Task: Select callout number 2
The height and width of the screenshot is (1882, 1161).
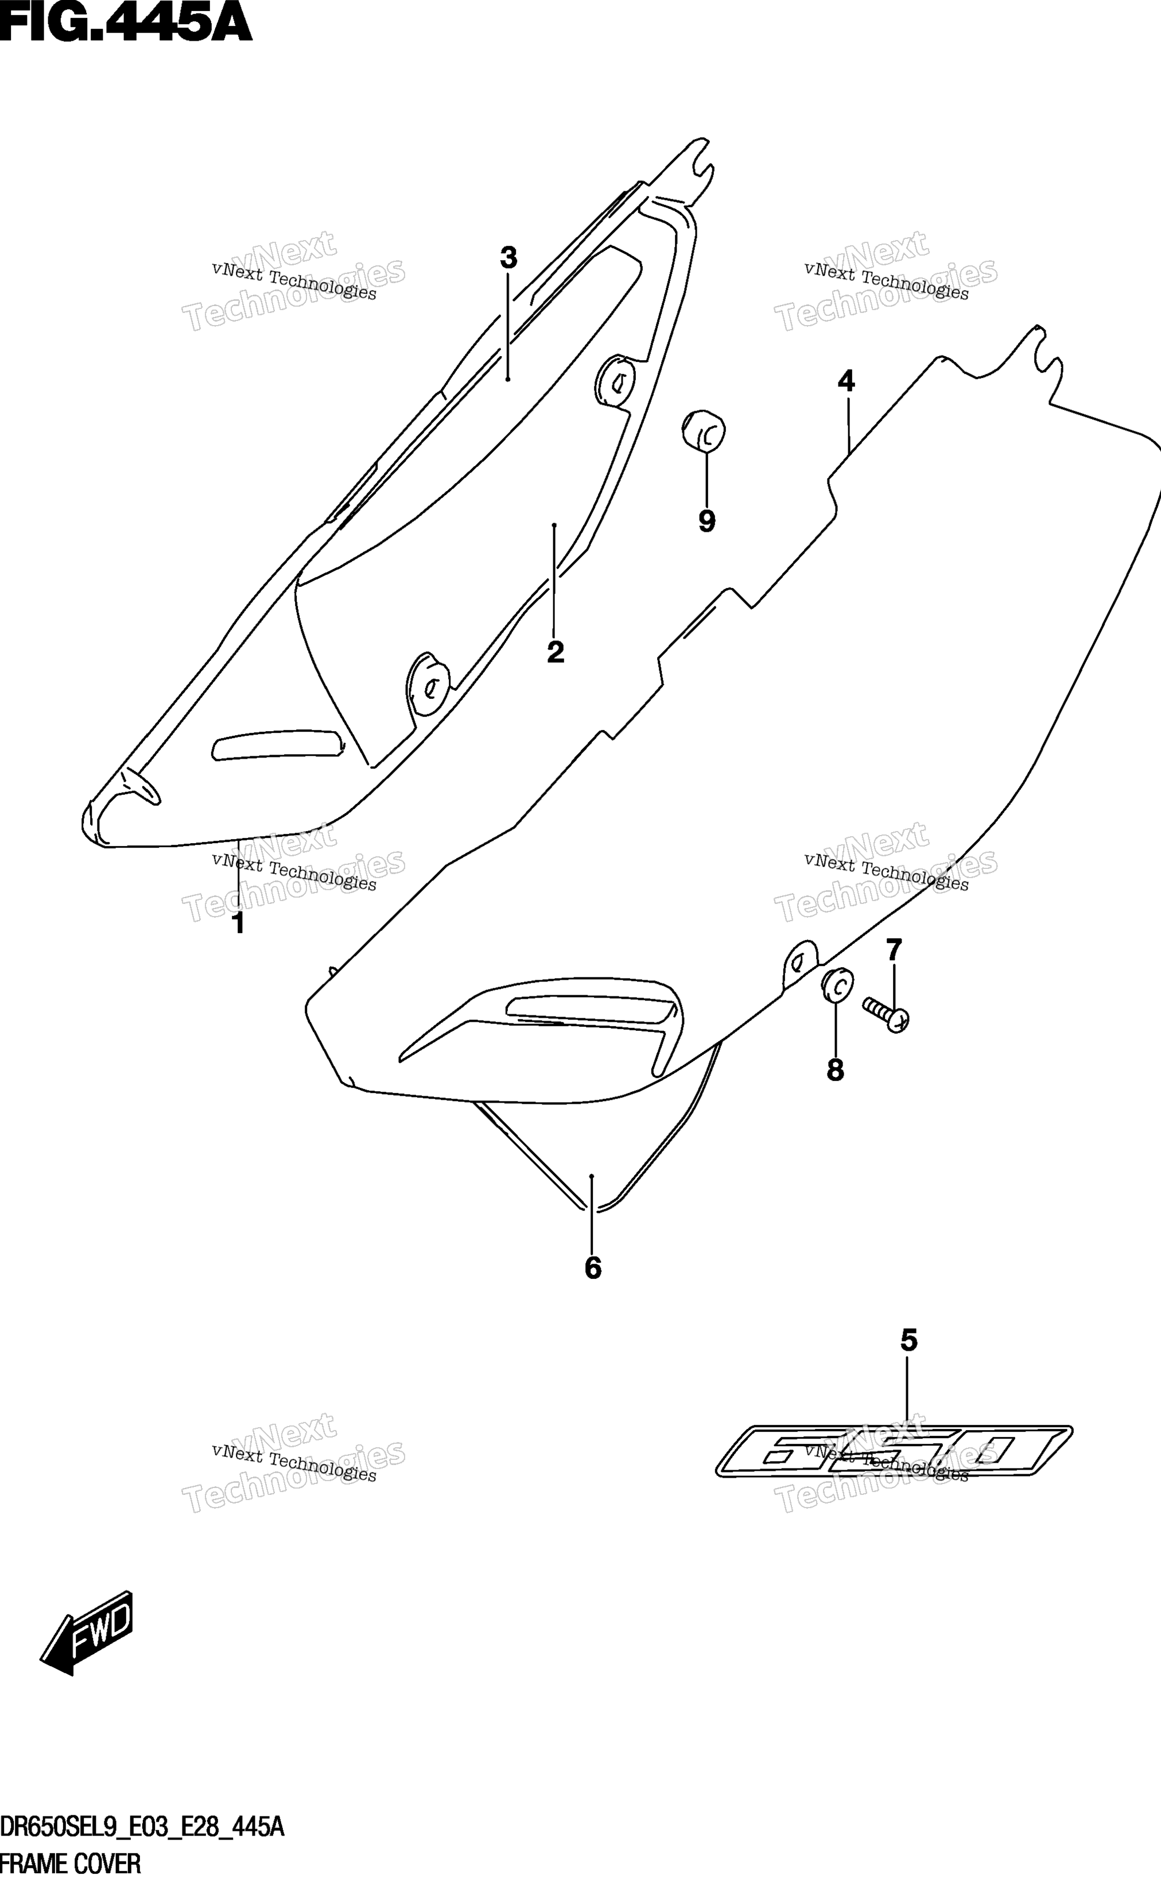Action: [x=555, y=652]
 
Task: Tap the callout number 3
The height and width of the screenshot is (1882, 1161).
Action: [x=508, y=258]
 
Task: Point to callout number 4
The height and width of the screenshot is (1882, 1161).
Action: [x=845, y=381]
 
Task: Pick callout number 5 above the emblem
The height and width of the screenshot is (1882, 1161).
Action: [x=908, y=1340]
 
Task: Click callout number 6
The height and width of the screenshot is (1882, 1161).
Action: [x=593, y=1268]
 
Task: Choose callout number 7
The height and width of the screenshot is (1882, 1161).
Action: [x=894, y=951]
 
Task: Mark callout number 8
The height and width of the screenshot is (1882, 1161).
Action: [x=836, y=1070]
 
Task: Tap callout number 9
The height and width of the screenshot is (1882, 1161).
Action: [x=706, y=521]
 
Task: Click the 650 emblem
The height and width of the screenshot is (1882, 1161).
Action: [x=894, y=1451]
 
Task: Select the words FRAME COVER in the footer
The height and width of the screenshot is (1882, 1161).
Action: [x=71, y=1864]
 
